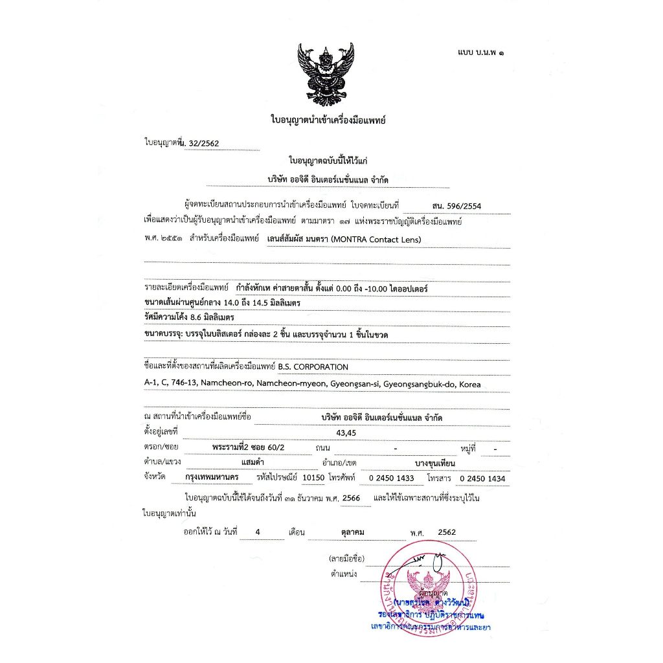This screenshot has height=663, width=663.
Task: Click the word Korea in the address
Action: tap(470, 384)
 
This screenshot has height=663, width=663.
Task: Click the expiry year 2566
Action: tap(352, 498)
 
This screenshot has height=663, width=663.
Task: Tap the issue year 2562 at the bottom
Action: tap(447, 532)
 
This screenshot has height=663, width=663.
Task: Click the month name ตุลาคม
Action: tap(352, 532)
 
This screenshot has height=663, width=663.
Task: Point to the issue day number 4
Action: tap(258, 532)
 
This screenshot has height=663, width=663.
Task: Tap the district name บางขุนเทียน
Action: tap(435, 464)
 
